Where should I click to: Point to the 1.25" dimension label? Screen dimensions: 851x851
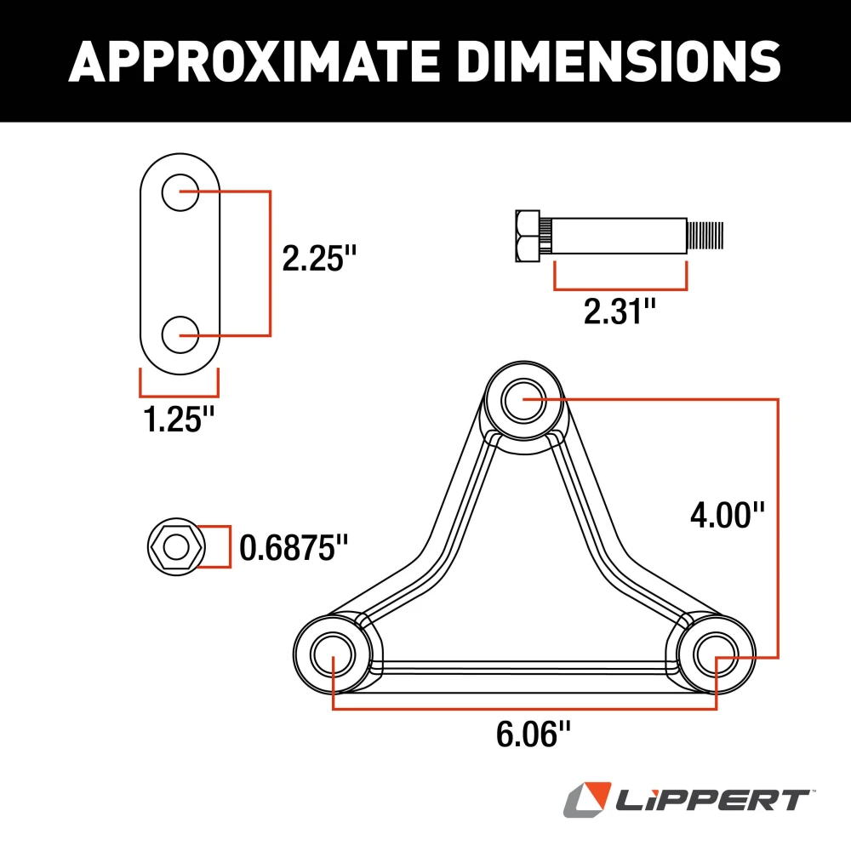point(180,420)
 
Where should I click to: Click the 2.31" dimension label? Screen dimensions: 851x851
point(620,312)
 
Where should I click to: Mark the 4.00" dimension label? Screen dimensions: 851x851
point(728,515)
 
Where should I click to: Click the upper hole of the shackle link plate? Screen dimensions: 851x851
point(180,192)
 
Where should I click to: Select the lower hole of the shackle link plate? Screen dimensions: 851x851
point(180,334)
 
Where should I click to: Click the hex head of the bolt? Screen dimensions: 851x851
point(527,236)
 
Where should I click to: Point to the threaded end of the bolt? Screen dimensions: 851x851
point(706,236)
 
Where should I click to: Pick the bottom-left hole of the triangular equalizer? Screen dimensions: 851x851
point(332,654)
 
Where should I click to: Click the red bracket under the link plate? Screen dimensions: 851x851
point(180,394)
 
